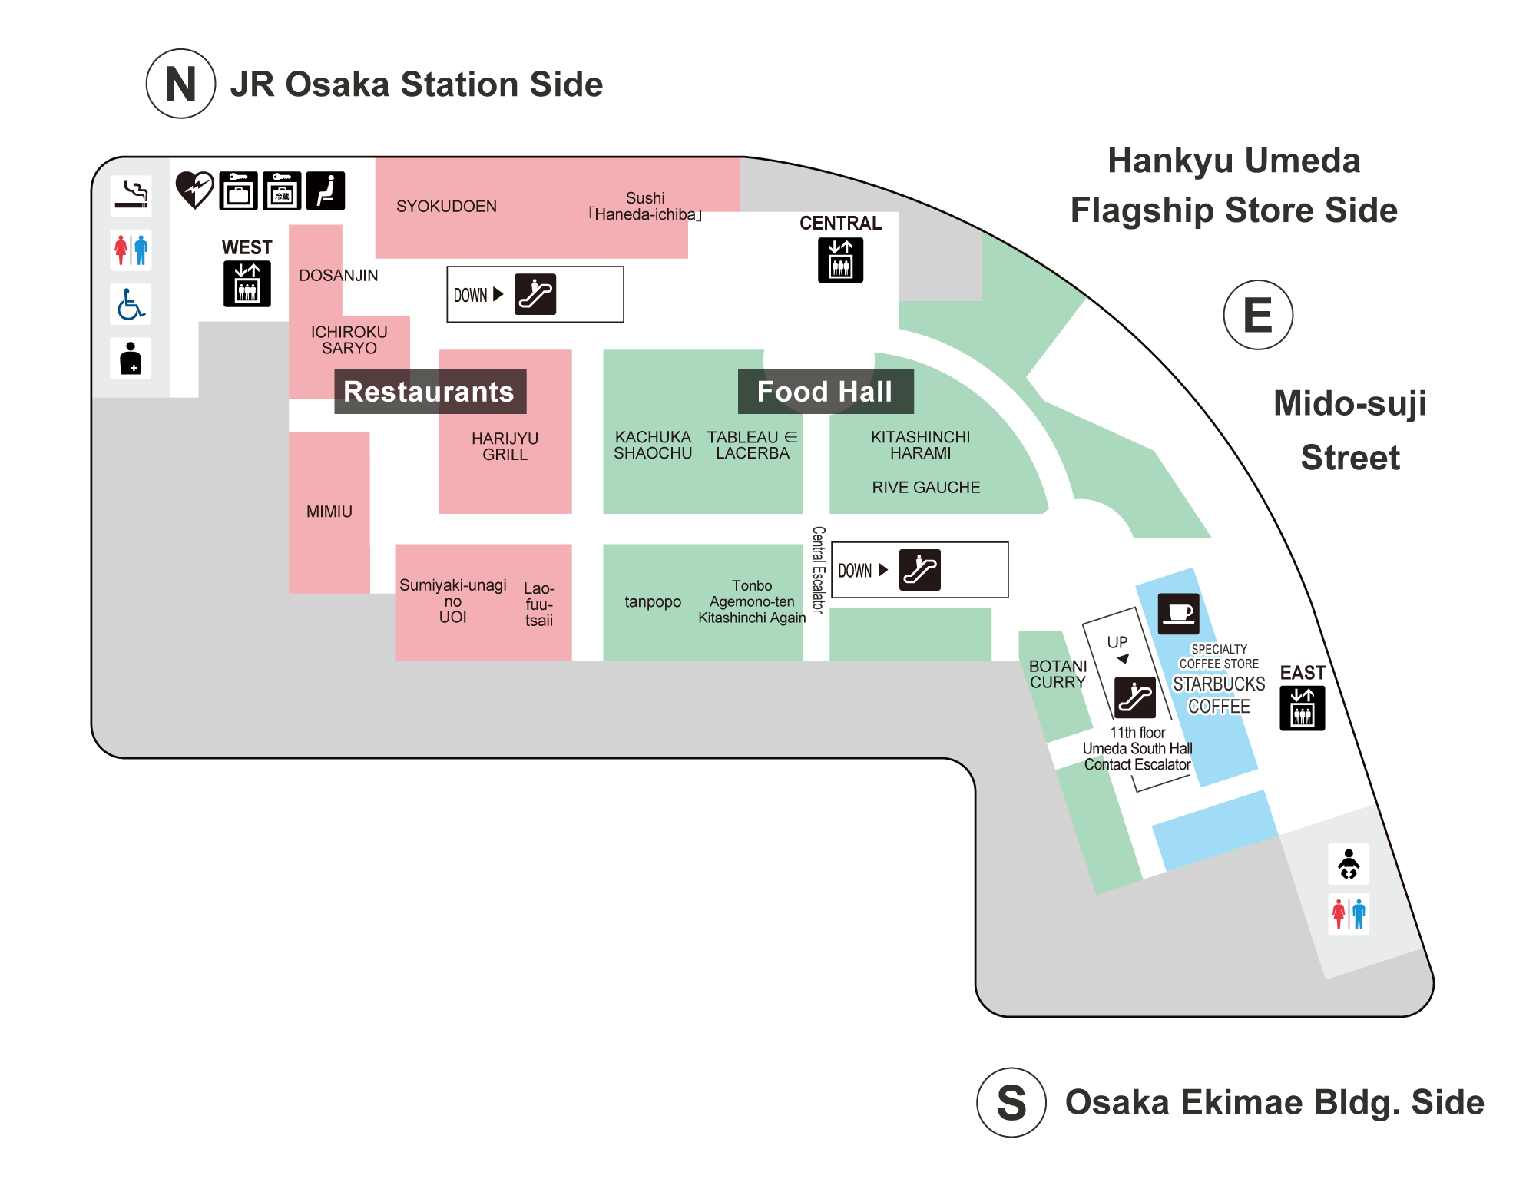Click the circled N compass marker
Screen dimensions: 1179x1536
click(x=180, y=84)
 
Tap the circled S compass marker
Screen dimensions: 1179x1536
click(x=1011, y=1102)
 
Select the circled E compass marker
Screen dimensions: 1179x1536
click(x=1257, y=315)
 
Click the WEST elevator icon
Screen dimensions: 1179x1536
click(x=247, y=283)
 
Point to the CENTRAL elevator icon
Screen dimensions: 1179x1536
click(x=840, y=260)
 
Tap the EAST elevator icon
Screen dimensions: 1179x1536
click(x=1302, y=707)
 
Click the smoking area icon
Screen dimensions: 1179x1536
click(x=131, y=194)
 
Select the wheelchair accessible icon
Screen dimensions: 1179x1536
click(x=131, y=304)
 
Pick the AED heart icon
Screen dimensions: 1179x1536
click(x=194, y=190)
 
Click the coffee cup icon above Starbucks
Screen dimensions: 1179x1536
click(x=1178, y=614)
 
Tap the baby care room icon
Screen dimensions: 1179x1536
click(x=1349, y=864)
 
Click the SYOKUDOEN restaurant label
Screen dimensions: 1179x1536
click(x=446, y=207)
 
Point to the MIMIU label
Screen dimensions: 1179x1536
click(x=329, y=512)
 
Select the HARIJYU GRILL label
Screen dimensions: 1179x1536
click(x=505, y=446)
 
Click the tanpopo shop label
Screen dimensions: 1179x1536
click(x=652, y=602)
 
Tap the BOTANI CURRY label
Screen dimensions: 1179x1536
click(x=1058, y=674)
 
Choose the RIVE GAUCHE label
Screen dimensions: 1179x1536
click(x=925, y=488)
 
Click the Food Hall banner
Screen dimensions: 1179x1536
click(x=825, y=392)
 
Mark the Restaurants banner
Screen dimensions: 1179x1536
click(x=429, y=392)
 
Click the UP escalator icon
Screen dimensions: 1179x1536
click(x=1134, y=697)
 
